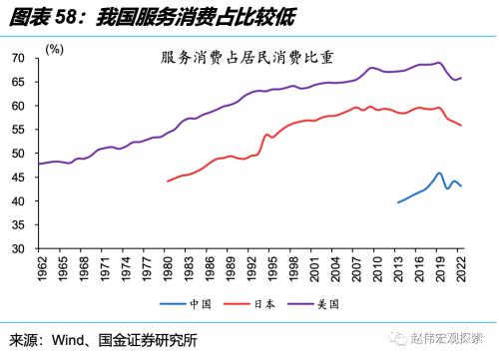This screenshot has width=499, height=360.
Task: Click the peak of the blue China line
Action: coord(439,173)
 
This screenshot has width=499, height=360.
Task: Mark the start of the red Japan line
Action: coord(167,181)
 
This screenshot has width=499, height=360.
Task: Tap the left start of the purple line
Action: coord(39,164)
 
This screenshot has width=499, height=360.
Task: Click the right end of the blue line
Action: coord(461,186)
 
